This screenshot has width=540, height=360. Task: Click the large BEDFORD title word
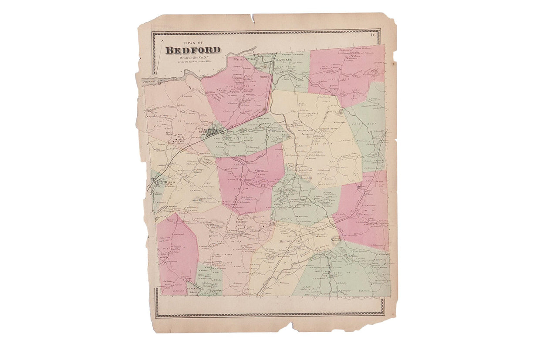(192, 50)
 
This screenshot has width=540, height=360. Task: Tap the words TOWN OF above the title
(190, 43)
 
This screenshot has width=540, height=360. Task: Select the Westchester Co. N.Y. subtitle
(192, 57)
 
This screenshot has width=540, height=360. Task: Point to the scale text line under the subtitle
(192, 62)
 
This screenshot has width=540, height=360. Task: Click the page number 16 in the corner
(373, 35)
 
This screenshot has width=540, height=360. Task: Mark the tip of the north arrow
(162, 40)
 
